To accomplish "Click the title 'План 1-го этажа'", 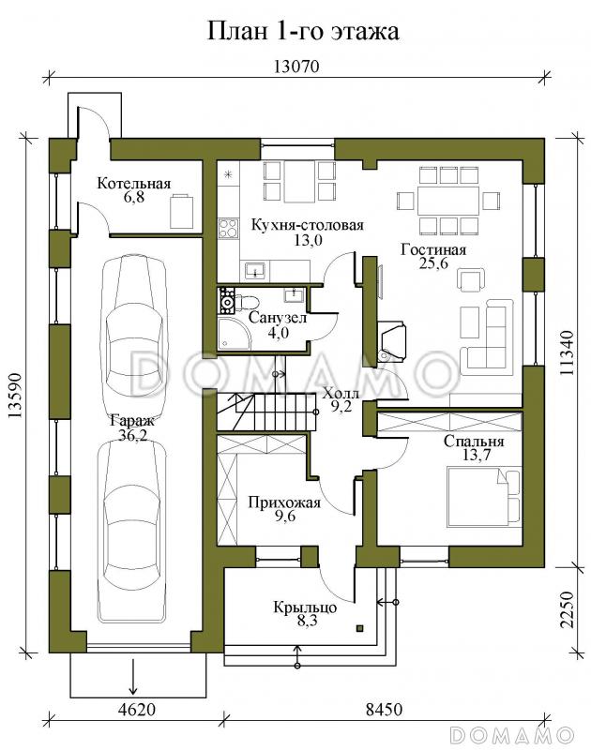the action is coord(303,31).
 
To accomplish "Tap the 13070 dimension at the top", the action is coord(296,66).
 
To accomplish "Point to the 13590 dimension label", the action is coord(15,396).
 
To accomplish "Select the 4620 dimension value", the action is coord(136,709).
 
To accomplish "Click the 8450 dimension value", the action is coord(384,709).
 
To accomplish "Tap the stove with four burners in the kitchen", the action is coord(228,228).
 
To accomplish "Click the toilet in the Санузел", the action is coord(248,302).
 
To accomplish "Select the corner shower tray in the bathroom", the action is coord(234,334).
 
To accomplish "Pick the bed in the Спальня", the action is coord(484,496).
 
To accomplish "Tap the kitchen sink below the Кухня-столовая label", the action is coord(255,271).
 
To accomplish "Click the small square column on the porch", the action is coord(360,628).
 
